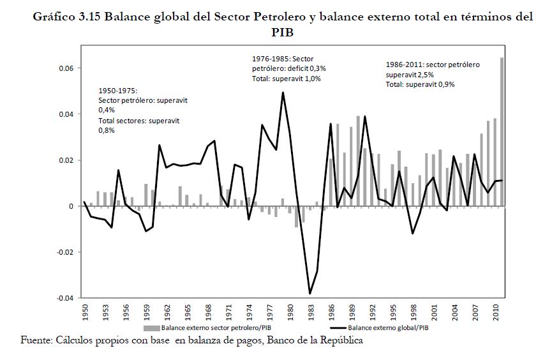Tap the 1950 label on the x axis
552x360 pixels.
pyautogui.click(x=85, y=313)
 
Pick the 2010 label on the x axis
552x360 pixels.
pyautogui.click(x=495, y=313)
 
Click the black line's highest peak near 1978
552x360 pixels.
pyautogui.click(x=283, y=93)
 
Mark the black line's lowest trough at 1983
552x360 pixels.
pyautogui.click(x=310, y=294)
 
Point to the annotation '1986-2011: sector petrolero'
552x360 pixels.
pyautogui.click(x=433, y=64)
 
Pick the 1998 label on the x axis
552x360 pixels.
pyautogui.click(x=413, y=313)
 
